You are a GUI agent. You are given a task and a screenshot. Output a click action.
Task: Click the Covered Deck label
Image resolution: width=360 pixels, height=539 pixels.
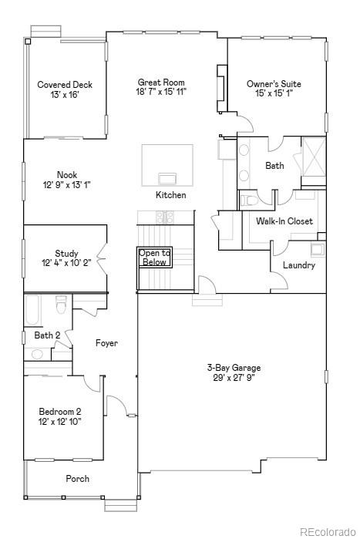tap(65, 85)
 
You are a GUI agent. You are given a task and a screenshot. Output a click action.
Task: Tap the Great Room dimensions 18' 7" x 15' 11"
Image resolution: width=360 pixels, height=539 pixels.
tap(161, 92)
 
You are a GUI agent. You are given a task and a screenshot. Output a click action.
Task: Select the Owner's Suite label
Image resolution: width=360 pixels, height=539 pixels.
tap(274, 84)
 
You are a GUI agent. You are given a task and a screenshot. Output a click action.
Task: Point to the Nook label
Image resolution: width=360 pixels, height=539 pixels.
tap(66, 175)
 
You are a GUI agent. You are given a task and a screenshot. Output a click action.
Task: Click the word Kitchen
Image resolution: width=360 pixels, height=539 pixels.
tap(170, 195)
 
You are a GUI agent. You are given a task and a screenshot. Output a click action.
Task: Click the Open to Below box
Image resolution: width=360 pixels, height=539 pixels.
tap(154, 258)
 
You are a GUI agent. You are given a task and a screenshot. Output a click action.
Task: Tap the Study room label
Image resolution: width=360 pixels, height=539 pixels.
tap(66, 254)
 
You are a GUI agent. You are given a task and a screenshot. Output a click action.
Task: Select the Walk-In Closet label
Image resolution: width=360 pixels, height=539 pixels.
tap(284, 221)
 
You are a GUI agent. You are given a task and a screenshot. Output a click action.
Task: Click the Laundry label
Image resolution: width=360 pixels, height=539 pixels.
tap(298, 265)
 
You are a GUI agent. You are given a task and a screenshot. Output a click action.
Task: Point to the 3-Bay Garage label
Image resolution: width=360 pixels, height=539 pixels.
tap(231, 368)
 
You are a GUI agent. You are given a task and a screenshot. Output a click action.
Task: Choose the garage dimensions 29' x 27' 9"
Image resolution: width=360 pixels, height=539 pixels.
tap(231, 378)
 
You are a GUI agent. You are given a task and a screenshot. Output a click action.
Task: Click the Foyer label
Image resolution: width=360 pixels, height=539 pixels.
tap(106, 343)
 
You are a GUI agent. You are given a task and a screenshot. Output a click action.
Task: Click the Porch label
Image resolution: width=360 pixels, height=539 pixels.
tap(77, 479)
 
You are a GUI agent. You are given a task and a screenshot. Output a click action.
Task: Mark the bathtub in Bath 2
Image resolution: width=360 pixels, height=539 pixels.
tap(31, 311)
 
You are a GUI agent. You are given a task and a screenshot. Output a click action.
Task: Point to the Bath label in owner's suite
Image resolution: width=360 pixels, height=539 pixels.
tap(274, 166)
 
